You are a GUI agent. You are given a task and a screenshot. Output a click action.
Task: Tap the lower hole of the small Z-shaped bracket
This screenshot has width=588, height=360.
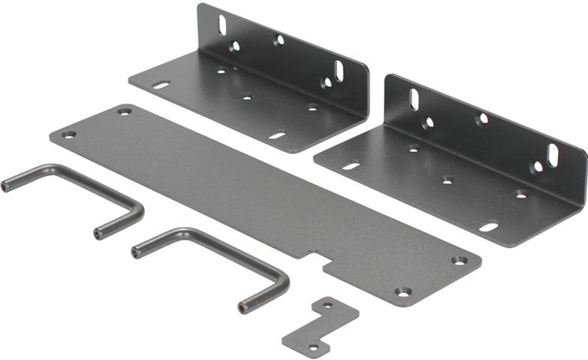click(313, 347)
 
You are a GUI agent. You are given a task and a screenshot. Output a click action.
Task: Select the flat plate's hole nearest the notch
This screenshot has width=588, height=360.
click(403, 291)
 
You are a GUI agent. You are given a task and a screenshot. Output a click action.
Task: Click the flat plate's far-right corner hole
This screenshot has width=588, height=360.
click(459, 261)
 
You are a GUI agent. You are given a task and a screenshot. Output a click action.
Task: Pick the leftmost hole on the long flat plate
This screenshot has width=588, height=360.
click(68, 135)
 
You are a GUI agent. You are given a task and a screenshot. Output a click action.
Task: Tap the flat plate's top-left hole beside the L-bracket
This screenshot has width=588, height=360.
click(123, 112)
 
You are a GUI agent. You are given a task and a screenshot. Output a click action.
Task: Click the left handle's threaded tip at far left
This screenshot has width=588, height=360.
click(5, 186)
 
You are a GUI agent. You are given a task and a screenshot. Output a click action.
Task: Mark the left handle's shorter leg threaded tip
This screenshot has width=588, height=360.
click(98, 234)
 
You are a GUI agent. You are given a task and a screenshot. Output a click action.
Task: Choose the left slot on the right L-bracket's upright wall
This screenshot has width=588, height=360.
click(414, 99)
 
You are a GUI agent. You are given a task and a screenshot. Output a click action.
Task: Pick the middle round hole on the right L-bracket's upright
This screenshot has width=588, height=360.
click(482, 119)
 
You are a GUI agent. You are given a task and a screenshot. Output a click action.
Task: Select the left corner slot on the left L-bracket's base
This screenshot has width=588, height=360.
click(161, 85)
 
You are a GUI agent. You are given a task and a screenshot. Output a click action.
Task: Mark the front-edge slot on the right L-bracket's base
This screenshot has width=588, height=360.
click(489, 225)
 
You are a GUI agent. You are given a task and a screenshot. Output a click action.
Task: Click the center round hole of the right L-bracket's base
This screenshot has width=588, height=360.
click(448, 180)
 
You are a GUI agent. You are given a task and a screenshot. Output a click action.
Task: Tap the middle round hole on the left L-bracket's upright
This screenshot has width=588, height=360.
click(279, 40)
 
